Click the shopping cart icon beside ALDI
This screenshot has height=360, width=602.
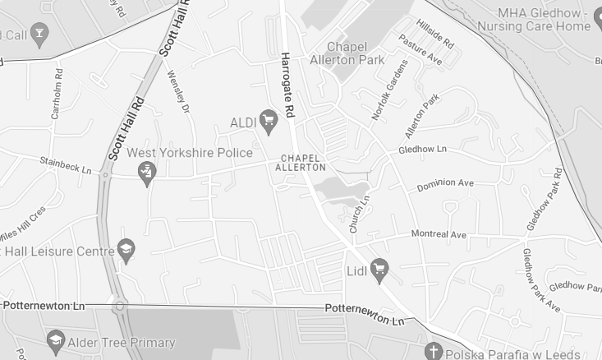point(268,122)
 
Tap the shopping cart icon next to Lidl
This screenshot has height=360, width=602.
point(379,269)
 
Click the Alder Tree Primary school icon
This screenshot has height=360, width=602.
point(55,341)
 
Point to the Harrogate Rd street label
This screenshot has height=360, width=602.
point(287,85)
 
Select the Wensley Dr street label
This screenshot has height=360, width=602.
point(178,92)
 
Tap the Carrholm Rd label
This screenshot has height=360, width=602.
point(57,101)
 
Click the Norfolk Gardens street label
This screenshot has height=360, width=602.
point(389,90)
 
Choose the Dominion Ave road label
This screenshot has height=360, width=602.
point(445,184)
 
